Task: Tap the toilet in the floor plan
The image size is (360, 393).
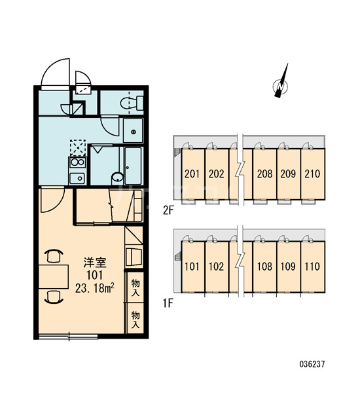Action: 132,103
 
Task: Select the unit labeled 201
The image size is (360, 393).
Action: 192,174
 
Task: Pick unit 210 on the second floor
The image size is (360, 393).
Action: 312,174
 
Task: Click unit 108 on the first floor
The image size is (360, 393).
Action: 264,267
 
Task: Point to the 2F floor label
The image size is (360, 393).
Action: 168,211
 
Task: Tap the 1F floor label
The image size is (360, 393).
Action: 168,303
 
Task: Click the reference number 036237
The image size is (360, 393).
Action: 312,364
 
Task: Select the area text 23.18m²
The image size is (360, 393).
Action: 95,288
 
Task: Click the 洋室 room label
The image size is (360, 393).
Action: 95,262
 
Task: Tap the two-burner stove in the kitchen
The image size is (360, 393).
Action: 77,162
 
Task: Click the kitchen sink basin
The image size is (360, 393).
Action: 77,178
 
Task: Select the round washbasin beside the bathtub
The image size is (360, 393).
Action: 117,178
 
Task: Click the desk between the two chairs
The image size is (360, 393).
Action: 54,276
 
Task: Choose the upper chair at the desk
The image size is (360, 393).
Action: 54,255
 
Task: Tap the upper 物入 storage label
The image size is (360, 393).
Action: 135,288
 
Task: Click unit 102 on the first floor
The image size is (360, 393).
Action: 216,267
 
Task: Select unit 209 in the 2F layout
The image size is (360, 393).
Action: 288,174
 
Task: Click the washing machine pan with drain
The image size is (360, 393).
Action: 133,131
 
